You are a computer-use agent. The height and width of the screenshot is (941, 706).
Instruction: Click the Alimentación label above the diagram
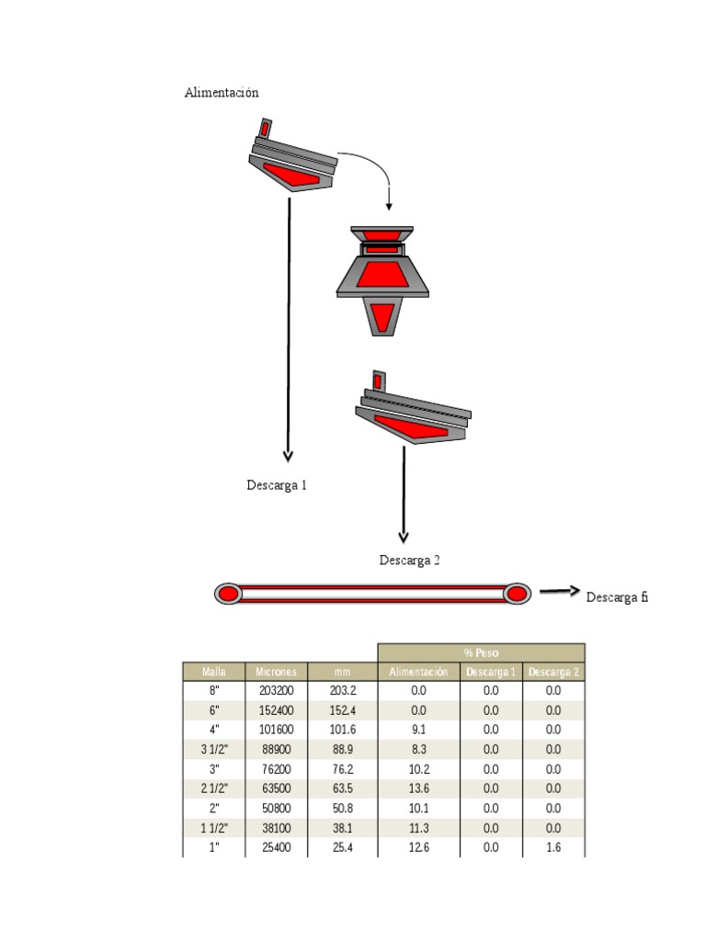(x=222, y=93)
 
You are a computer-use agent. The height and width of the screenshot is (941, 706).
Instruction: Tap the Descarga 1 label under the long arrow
(x=277, y=485)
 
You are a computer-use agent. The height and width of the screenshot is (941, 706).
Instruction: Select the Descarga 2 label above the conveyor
(x=410, y=561)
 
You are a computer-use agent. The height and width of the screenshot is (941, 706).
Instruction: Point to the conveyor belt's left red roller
(x=227, y=594)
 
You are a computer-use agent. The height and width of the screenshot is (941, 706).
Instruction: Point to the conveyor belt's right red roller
(x=518, y=594)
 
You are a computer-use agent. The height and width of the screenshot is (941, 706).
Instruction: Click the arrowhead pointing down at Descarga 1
(x=289, y=454)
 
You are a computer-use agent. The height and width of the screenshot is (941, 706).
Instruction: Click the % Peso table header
(x=481, y=652)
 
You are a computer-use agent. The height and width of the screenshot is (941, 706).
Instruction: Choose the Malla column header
(x=213, y=672)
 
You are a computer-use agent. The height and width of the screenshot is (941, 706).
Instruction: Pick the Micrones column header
(x=277, y=672)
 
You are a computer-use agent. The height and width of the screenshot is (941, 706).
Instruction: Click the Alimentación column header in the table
(x=418, y=672)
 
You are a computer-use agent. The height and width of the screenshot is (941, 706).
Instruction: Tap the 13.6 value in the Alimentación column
(x=418, y=788)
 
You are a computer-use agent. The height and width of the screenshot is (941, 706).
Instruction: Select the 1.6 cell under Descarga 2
(x=553, y=847)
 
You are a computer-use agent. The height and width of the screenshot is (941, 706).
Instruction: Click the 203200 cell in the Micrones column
(x=277, y=690)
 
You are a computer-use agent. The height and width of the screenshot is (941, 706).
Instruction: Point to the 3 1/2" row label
(x=213, y=750)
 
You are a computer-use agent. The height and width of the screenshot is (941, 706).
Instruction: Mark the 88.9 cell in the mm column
(x=342, y=750)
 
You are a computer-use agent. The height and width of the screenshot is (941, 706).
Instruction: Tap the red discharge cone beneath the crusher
(x=382, y=316)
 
